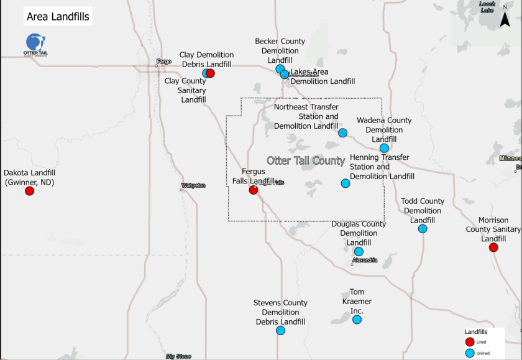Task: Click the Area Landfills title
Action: (x=58, y=17)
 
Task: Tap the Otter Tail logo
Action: (x=35, y=45)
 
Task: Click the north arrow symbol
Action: (x=505, y=19)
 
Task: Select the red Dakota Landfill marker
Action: (x=29, y=191)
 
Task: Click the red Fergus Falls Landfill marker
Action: (x=254, y=190)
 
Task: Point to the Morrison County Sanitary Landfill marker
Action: (x=493, y=247)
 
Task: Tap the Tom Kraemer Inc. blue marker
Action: (x=357, y=320)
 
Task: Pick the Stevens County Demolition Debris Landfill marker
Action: (x=280, y=331)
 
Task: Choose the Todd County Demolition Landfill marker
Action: (x=423, y=229)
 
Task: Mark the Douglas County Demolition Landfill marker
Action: (x=359, y=252)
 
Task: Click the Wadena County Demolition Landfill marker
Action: (x=384, y=148)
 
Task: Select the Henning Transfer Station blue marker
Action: (x=346, y=183)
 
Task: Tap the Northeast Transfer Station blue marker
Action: (x=342, y=132)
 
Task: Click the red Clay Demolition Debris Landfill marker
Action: (x=210, y=73)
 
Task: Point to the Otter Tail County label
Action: (x=306, y=161)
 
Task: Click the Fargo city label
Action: (x=164, y=62)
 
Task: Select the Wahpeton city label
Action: (x=193, y=185)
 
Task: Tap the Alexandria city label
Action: (x=365, y=260)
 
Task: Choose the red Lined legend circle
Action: (x=470, y=341)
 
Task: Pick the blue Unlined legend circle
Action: (x=470, y=353)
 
